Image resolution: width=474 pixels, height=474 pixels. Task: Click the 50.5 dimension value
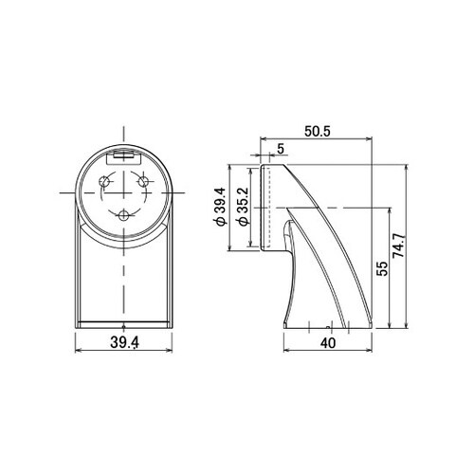coord(318,132)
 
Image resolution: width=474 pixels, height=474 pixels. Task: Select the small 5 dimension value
coord(281,149)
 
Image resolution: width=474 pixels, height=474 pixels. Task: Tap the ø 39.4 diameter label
coord(220,206)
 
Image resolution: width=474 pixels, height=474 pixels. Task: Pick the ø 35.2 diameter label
coord(244,206)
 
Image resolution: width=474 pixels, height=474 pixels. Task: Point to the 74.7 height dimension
coord(399,246)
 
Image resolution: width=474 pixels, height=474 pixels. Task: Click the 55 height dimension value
coord(382,268)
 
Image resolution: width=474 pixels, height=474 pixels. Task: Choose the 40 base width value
coord(328,343)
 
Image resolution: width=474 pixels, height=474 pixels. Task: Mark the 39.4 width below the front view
coord(124,342)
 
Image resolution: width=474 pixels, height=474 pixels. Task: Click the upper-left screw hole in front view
coord(103,182)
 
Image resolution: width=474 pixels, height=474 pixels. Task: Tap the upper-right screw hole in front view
coord(143,182)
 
